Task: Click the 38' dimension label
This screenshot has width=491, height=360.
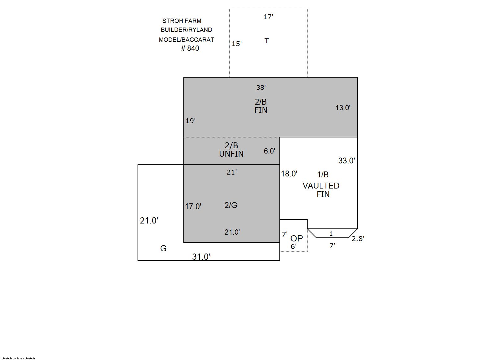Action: (261, 88)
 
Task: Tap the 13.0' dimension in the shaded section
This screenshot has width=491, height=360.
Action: (343, 108)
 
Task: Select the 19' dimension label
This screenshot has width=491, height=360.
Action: (191, 121)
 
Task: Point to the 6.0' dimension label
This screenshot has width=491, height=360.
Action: (270, 151)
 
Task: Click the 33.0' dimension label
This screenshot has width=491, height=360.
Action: (347, 161)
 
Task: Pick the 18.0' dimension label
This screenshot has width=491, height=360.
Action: (289, 174)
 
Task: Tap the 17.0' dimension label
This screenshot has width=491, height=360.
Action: (193, 206)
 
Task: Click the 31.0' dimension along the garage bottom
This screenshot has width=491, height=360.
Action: (201, 257)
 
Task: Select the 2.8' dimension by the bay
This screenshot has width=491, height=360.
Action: (358, 239)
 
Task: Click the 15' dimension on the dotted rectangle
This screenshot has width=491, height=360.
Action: (237, 44)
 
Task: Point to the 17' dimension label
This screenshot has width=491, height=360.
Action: (268, 17)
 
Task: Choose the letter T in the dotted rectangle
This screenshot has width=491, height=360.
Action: (266, 41)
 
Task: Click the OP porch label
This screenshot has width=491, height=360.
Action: (296, 238)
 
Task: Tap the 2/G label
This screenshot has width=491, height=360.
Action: (231, 205)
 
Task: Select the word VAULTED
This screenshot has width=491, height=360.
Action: (321, 186)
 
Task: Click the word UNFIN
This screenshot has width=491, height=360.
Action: (231, 154)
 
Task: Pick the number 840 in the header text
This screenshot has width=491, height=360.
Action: (193, 48)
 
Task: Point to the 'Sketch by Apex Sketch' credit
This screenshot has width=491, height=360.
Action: (18, 358)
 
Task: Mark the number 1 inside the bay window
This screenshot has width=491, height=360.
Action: (331, 234)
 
